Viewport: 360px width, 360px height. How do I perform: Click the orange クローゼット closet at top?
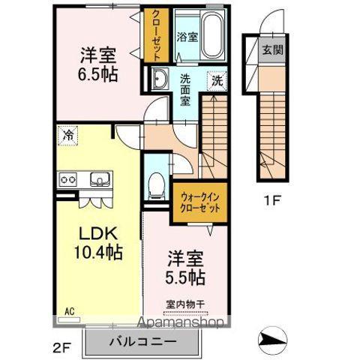coord(156,35)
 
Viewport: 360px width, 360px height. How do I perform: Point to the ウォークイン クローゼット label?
coord(199,204)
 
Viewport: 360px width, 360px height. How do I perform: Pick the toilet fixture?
coord(156,182)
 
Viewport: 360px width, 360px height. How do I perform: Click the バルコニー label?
coord(143,343)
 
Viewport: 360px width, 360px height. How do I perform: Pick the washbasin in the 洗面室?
coord(160,78)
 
